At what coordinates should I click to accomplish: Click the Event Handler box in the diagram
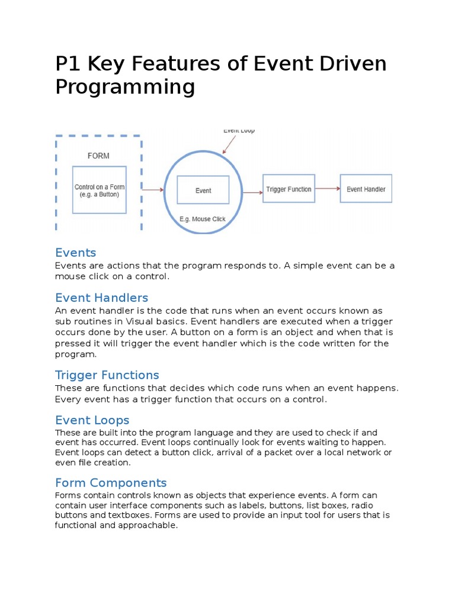pos(366,189)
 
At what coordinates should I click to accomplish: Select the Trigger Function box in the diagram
pos(289,189)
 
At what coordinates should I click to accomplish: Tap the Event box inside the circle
pos(203,190)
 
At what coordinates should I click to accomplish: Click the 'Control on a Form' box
pos(99,190)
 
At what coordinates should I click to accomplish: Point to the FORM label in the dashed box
pos(98,156)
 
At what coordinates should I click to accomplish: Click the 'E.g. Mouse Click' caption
pos(203,219)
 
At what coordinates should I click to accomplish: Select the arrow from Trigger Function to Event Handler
pos(328,189)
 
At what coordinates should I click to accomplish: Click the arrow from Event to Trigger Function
pos(252,191)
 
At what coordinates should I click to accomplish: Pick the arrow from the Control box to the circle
pos(153,190)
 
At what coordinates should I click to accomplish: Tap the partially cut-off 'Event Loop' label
pos(239,130)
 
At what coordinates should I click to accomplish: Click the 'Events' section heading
pos(75,253)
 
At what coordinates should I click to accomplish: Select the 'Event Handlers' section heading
pos(101,298)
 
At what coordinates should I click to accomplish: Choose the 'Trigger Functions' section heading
pos(107,375)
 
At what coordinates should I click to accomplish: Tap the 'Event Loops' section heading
pos(92,420)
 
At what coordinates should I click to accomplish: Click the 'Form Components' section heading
pos(111,483)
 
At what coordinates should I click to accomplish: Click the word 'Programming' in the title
pos(125,87)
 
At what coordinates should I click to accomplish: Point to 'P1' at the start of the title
pos(67,63)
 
